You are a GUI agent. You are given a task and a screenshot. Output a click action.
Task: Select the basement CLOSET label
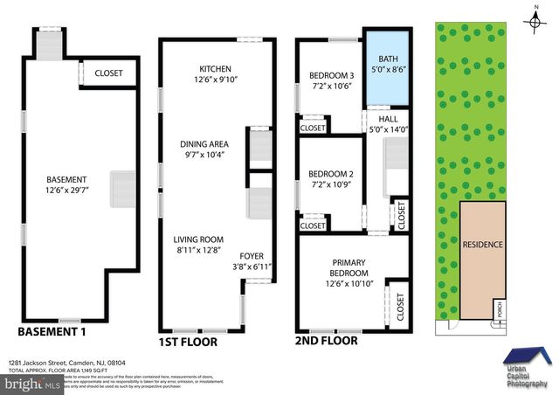[108, 73]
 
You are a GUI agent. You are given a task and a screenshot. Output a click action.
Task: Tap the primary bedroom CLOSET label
[399, 305]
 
